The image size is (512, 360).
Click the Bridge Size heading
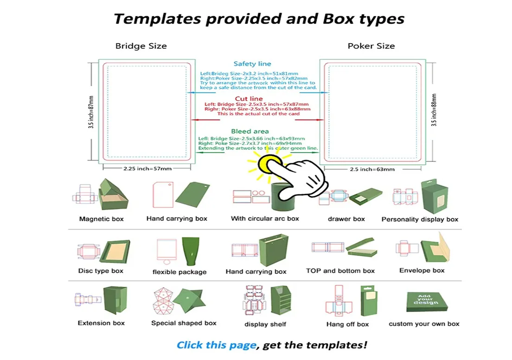(x=141, y=46)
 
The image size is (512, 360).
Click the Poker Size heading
(x=371, y=46)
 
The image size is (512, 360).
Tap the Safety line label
(x=252, y=64)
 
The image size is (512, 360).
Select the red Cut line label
(x=249, y=98)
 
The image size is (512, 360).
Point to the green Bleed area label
(x=250, y=131)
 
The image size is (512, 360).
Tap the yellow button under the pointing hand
(x=270, y=163)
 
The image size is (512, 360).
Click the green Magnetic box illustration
(x=113, y=195)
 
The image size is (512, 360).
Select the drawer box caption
(x=346, y=219)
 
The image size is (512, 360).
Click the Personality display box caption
(x=420, y=219)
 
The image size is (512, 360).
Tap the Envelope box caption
(x=422, y=270)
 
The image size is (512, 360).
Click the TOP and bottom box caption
(x=340, y=270)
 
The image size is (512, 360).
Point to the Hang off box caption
(x=347, y=324)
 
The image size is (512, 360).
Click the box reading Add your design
(x=426, y=302)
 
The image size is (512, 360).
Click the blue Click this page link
(x=216, y=345)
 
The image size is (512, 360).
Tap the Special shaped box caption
(x=184, y=323)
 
